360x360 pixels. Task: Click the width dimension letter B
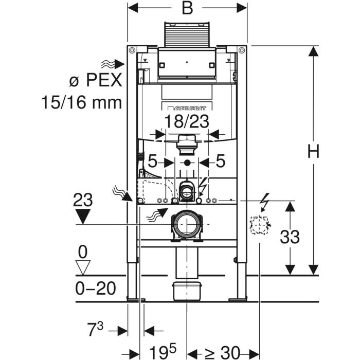tap(187, 9)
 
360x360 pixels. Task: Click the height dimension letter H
tap(313, 152)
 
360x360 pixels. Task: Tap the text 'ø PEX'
tap(95, 80)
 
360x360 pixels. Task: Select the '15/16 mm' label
tap(81, 102)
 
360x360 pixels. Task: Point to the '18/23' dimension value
tap(187, 121)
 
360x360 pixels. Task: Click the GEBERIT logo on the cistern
tap(186, 108)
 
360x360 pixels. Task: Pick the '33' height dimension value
tap(290, 237)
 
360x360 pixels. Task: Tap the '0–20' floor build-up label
tap(96, 289)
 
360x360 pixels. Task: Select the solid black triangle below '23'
tap(83, 217)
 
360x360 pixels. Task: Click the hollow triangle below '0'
tap(83, 267)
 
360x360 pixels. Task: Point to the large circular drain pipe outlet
tap(187, 224)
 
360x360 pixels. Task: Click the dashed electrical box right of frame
tap(259, 225)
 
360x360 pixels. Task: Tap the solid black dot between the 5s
tap(187, 163)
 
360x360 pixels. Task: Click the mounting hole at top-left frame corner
tap(132, 50)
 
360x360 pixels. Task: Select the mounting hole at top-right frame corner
tap(242, 50)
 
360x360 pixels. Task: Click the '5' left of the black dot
tap(152, 161)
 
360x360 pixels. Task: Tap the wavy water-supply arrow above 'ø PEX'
tap(113, 64)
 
